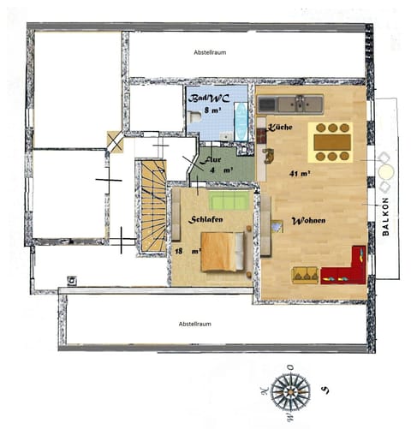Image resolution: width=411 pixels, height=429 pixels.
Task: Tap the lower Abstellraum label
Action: click(x=194, y=325)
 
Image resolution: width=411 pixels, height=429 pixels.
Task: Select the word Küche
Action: click(x=281, y=128)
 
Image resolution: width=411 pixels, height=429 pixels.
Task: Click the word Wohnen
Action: click(x=307, y=221)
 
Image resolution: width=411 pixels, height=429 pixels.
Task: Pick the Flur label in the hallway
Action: click(x=211, y=160)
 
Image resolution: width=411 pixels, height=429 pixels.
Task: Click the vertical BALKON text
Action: click(x=385, y=224)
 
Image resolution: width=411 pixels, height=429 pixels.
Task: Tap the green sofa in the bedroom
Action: click(x=229, y=201)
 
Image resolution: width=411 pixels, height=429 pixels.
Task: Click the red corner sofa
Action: click(x=349, y=270)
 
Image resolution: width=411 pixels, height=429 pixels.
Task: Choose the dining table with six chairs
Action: click(x=331, y=142)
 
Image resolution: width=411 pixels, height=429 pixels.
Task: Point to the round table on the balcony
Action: click(x=384, y=171)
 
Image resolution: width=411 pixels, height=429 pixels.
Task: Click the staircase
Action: click(x=153, y=206)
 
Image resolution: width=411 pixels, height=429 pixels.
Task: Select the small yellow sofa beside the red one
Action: click(x=305, y=274)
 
